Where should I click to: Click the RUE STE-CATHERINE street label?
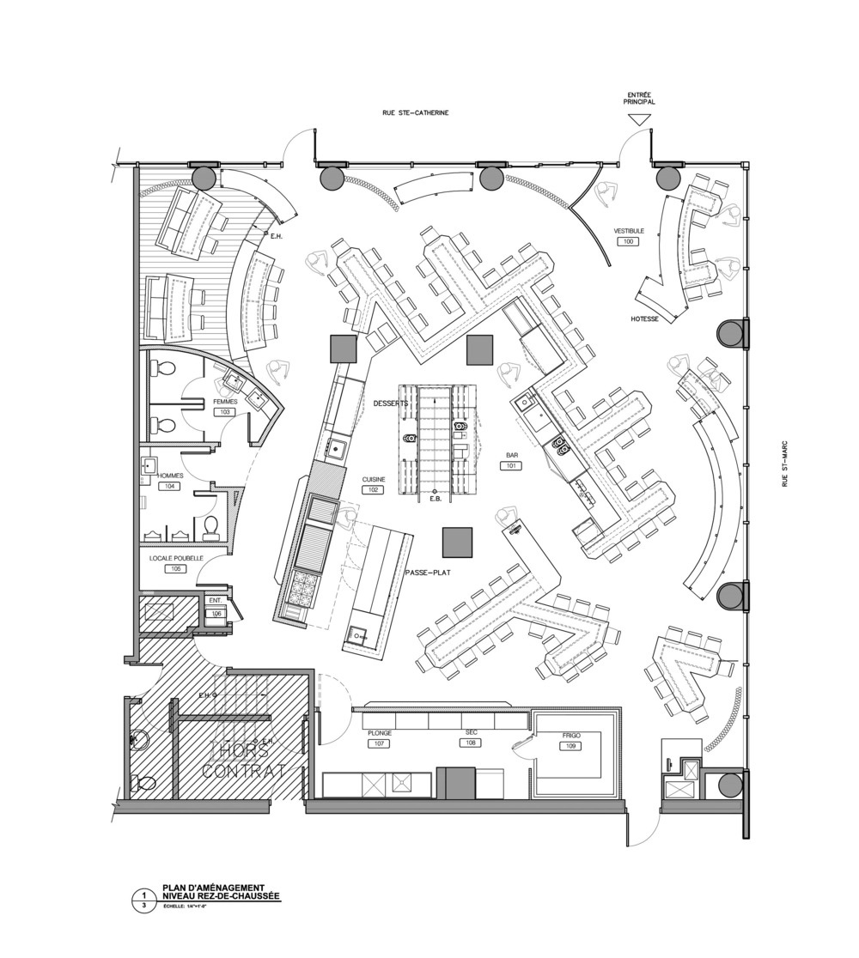coord(416,112)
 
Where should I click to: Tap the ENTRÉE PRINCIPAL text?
coord(641,98)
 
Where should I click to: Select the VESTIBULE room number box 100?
coord(628,243)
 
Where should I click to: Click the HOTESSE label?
coord(644,318)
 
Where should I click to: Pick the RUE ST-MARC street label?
coord(785,464)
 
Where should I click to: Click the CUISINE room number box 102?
coord(375,491)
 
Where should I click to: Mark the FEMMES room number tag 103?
coord(225,412)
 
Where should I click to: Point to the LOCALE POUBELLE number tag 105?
coord(176,569)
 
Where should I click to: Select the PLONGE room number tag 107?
coord(380,743)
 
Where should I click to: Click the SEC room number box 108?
coord(471,743)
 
